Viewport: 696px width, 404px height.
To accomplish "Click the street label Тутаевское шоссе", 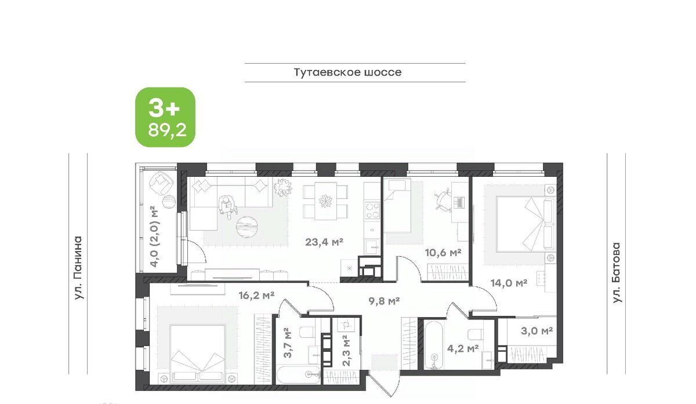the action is [x=347, y=72].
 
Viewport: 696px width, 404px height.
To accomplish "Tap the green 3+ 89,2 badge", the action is [x=165, y=117].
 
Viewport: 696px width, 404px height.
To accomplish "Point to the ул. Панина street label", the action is [x=78, y=268].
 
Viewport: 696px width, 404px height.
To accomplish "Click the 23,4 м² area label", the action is [x=324, y=242].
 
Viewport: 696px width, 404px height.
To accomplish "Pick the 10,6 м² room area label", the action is [x=443, y=253].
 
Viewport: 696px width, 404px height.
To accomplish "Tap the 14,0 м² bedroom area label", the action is [x=509, y=283].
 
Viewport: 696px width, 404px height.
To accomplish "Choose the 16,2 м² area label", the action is [x=256, y=295].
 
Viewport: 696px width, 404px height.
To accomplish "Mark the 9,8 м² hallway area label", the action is [x=384, y=301].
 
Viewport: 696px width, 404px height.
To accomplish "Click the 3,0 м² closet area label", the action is [x=536, y=331].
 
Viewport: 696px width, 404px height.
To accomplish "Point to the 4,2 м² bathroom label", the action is [x=463, y=349].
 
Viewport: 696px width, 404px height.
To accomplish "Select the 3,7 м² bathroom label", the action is [x=288, y=343].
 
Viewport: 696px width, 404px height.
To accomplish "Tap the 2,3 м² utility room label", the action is [x=346, y=350].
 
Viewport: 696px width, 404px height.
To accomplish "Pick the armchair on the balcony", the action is [x=162, y=184].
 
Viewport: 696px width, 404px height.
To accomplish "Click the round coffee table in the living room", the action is [x=247, y=227].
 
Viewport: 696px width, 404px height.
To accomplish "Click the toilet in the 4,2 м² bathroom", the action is [x=475, y=334].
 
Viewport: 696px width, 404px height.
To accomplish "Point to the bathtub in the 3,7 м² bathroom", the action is [x=298, y=376].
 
